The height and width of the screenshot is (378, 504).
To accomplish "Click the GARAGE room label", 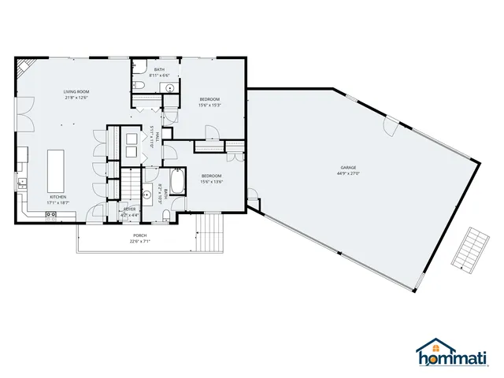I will click(x=349, y=168).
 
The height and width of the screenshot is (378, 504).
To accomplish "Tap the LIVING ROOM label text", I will click(x=76, y=92).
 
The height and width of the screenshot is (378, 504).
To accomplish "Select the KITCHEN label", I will click(x=58, y=196).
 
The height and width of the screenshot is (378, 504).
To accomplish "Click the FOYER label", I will click(x=128, y=209).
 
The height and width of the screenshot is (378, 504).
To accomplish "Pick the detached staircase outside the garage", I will click(x=469, y=250).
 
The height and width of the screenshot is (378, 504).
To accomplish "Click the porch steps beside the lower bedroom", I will click(x=209, y=233).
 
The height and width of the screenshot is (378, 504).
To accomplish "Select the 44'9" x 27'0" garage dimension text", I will click(x=349, y=173).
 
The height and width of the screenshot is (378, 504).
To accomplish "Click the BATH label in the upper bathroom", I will click(x=160, y=70).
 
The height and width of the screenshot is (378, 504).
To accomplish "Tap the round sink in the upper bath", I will click(x=169, y=88).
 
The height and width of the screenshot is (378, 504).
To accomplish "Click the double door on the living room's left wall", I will click(x=28, y=117).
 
